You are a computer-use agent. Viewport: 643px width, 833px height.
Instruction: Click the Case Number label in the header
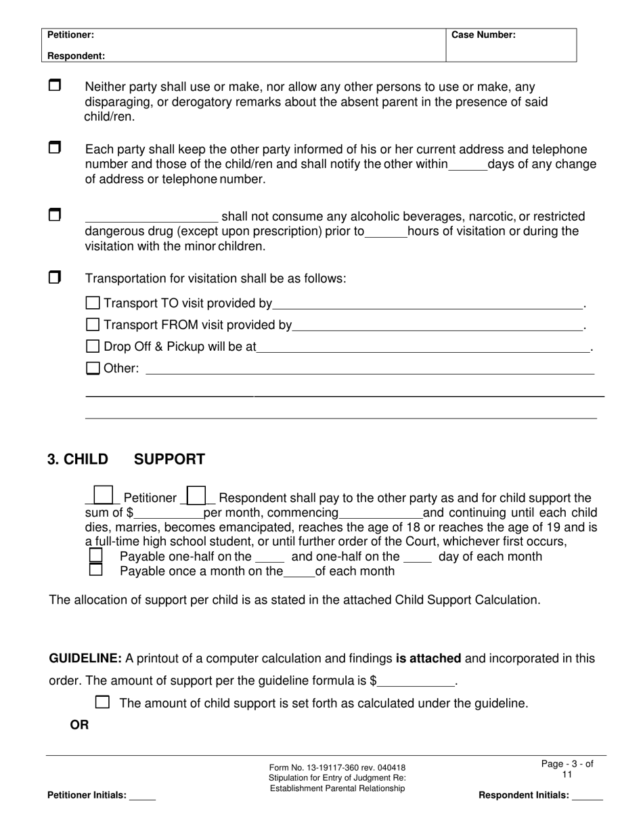click(x=483, y=35)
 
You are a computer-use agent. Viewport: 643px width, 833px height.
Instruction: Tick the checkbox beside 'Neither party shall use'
click(x=55, y=85)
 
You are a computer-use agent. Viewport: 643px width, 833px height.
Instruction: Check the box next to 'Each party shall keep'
click(x=55, y=148)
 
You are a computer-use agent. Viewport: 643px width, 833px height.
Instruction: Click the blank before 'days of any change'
click(x=468, y=165)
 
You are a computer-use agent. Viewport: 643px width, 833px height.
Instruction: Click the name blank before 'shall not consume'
click(x=151, y=217)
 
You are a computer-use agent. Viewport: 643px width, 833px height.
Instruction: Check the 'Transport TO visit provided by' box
click(x=93, y=303)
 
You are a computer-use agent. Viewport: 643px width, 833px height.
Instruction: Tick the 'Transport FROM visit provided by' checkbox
click(x=93, y=324)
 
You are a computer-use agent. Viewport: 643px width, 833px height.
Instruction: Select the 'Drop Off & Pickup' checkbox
click(x=93, y=346)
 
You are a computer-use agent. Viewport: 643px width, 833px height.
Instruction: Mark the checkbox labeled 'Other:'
click(x=93, y=368)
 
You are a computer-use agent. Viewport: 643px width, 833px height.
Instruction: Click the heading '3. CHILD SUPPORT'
click(x=126, y=459)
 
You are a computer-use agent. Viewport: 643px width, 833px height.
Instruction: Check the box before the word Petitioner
click(x=103, y=496)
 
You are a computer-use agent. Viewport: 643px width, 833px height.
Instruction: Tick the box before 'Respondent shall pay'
click(x=196, y=496)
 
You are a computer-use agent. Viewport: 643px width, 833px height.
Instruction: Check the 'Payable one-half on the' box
click(x=96, y=555)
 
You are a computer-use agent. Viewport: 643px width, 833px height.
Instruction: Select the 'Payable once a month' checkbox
click(x=96, y=570)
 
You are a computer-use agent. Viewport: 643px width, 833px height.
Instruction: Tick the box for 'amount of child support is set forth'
click(x=102, y=702)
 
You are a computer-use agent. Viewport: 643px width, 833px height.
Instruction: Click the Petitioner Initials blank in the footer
click(x=142, y=796)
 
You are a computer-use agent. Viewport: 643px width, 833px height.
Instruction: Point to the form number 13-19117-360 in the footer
click(x=337, y=767)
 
